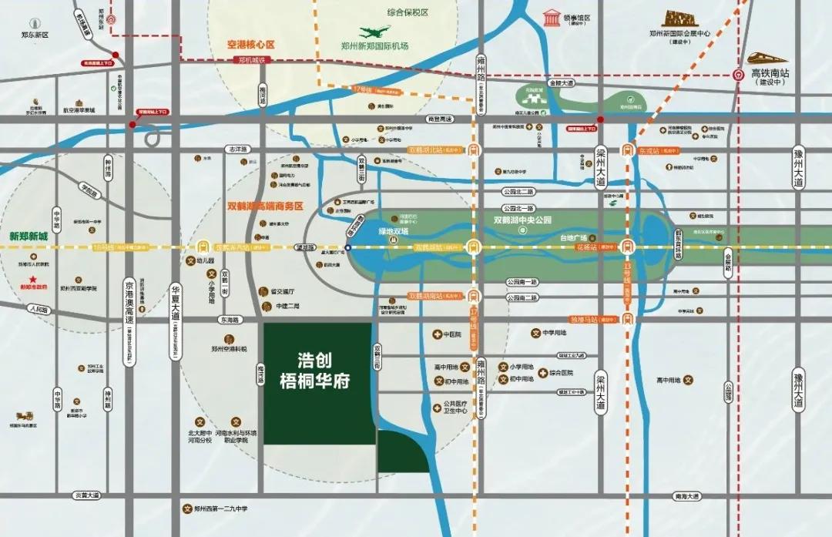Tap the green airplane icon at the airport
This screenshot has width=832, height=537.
click(375, 32)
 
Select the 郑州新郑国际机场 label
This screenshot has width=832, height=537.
click(374, 46)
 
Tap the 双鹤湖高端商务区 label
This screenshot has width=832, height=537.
click(266, 206)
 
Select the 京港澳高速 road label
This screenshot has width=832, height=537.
click(129, 301)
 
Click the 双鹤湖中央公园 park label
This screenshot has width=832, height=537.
click(523, 220)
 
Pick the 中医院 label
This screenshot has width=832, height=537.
click(451, 334)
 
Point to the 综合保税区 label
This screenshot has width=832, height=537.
click(408, 13)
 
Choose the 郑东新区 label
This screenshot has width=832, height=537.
click(35, 35)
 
